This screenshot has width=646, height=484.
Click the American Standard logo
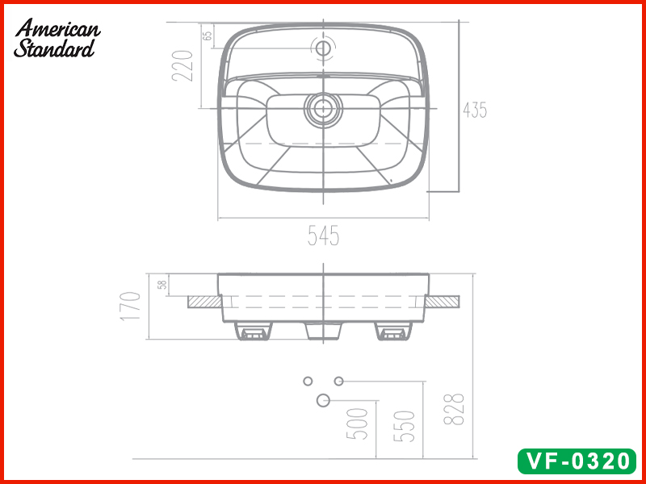[57, 39]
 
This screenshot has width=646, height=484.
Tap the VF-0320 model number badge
[576, 461]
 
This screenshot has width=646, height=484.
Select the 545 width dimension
[323, 236]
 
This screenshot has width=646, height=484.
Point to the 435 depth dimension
[475, 110]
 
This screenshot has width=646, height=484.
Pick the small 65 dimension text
[208, 35]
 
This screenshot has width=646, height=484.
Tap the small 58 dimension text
[162, 285]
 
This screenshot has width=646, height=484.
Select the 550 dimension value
[407, 425]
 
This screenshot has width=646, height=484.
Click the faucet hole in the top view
[324, 48]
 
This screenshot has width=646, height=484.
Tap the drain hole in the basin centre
[324, 107]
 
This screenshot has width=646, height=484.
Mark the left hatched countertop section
[203, 301]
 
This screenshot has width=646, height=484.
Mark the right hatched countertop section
[443, 301]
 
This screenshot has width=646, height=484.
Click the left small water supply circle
[307, 380]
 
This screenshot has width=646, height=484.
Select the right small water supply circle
[339, 380]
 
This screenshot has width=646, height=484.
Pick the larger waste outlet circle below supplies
[324, 399]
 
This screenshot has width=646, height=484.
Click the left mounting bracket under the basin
[253, 331]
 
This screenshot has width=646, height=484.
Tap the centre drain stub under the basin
[323, 331]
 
